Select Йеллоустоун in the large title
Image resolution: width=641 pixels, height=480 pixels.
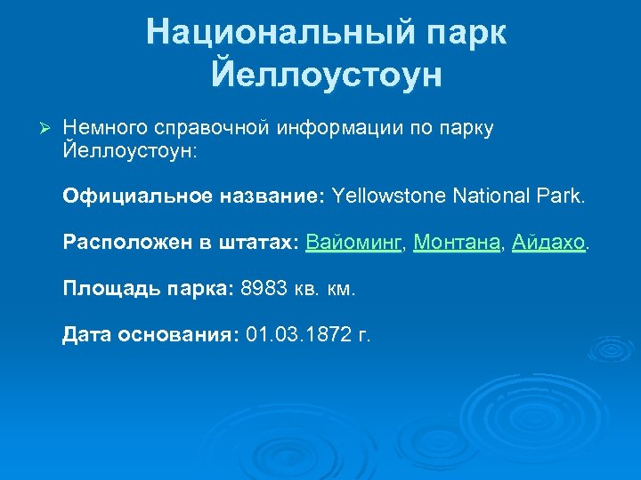tap(327, 75)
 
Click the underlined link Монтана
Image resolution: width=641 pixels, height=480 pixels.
tap(456, 242)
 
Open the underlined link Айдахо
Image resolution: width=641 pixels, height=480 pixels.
tap(549, 242)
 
